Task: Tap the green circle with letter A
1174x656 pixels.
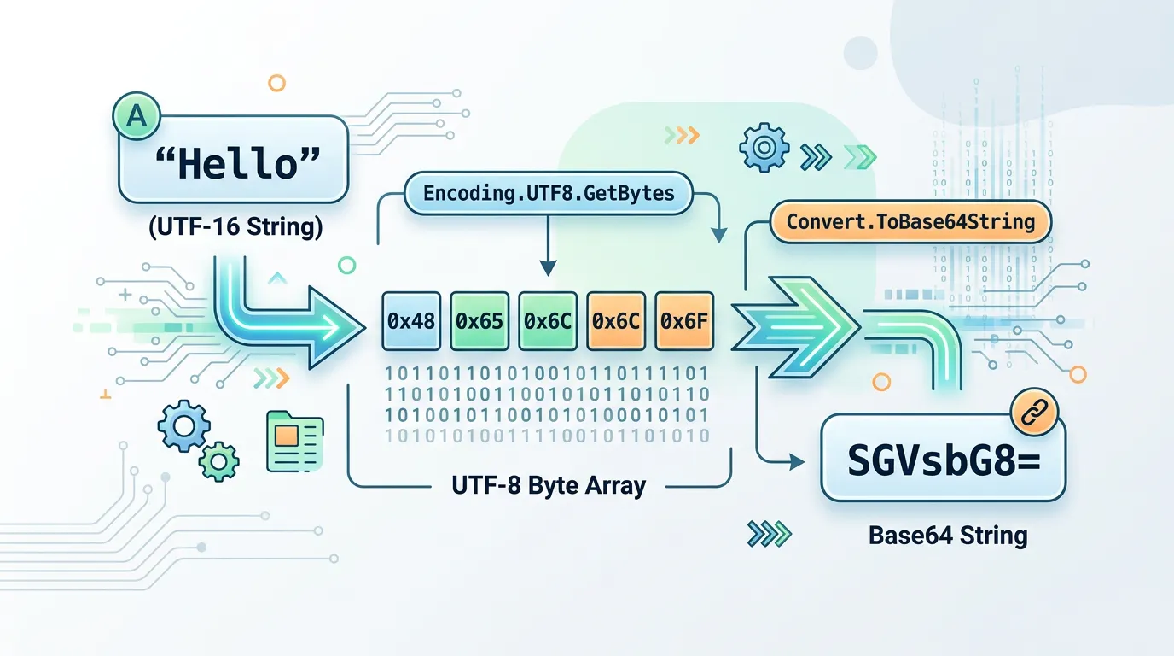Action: click(x=136, y=117)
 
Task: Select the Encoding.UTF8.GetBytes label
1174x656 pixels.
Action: click(x=549, y=193)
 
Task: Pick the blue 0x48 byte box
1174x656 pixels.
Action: click(x=411, y=321)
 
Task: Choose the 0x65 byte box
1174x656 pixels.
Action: click(x=479, y=321)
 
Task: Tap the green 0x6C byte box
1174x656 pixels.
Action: click(x=548, y=321)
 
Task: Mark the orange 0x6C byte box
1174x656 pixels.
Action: click(x=616, y=321)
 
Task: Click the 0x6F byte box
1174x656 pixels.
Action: click(x=684, y=321)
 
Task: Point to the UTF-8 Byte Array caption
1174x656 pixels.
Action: click(x=549, y=486)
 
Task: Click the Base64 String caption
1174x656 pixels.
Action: click(x=947, y=536)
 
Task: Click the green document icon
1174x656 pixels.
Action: click(x=294, y=441)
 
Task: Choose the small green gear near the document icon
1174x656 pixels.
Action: click(x=219, y=460)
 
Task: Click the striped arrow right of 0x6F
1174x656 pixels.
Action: click(x=793, y=325)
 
